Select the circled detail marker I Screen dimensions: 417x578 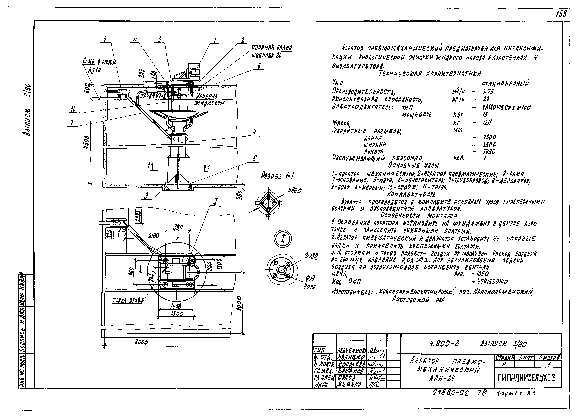click(283, 239)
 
